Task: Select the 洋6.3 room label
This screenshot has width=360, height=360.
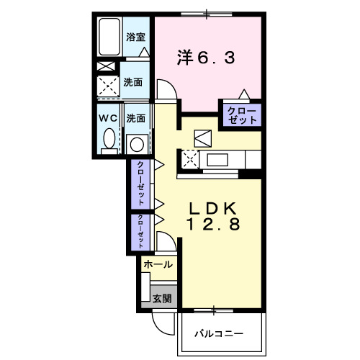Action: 206,58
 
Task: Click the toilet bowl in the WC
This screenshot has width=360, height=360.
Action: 108,139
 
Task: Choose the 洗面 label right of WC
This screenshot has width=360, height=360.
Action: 136,117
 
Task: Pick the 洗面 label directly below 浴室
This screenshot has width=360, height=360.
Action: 132,83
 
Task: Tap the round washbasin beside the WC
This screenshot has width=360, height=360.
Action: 136,143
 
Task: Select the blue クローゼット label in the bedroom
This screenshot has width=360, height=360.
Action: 240,115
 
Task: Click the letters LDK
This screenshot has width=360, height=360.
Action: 212,208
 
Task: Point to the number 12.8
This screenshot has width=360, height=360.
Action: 212,224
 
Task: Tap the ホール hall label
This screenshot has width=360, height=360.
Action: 158,265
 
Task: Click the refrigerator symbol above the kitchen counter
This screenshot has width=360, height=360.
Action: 202,137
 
